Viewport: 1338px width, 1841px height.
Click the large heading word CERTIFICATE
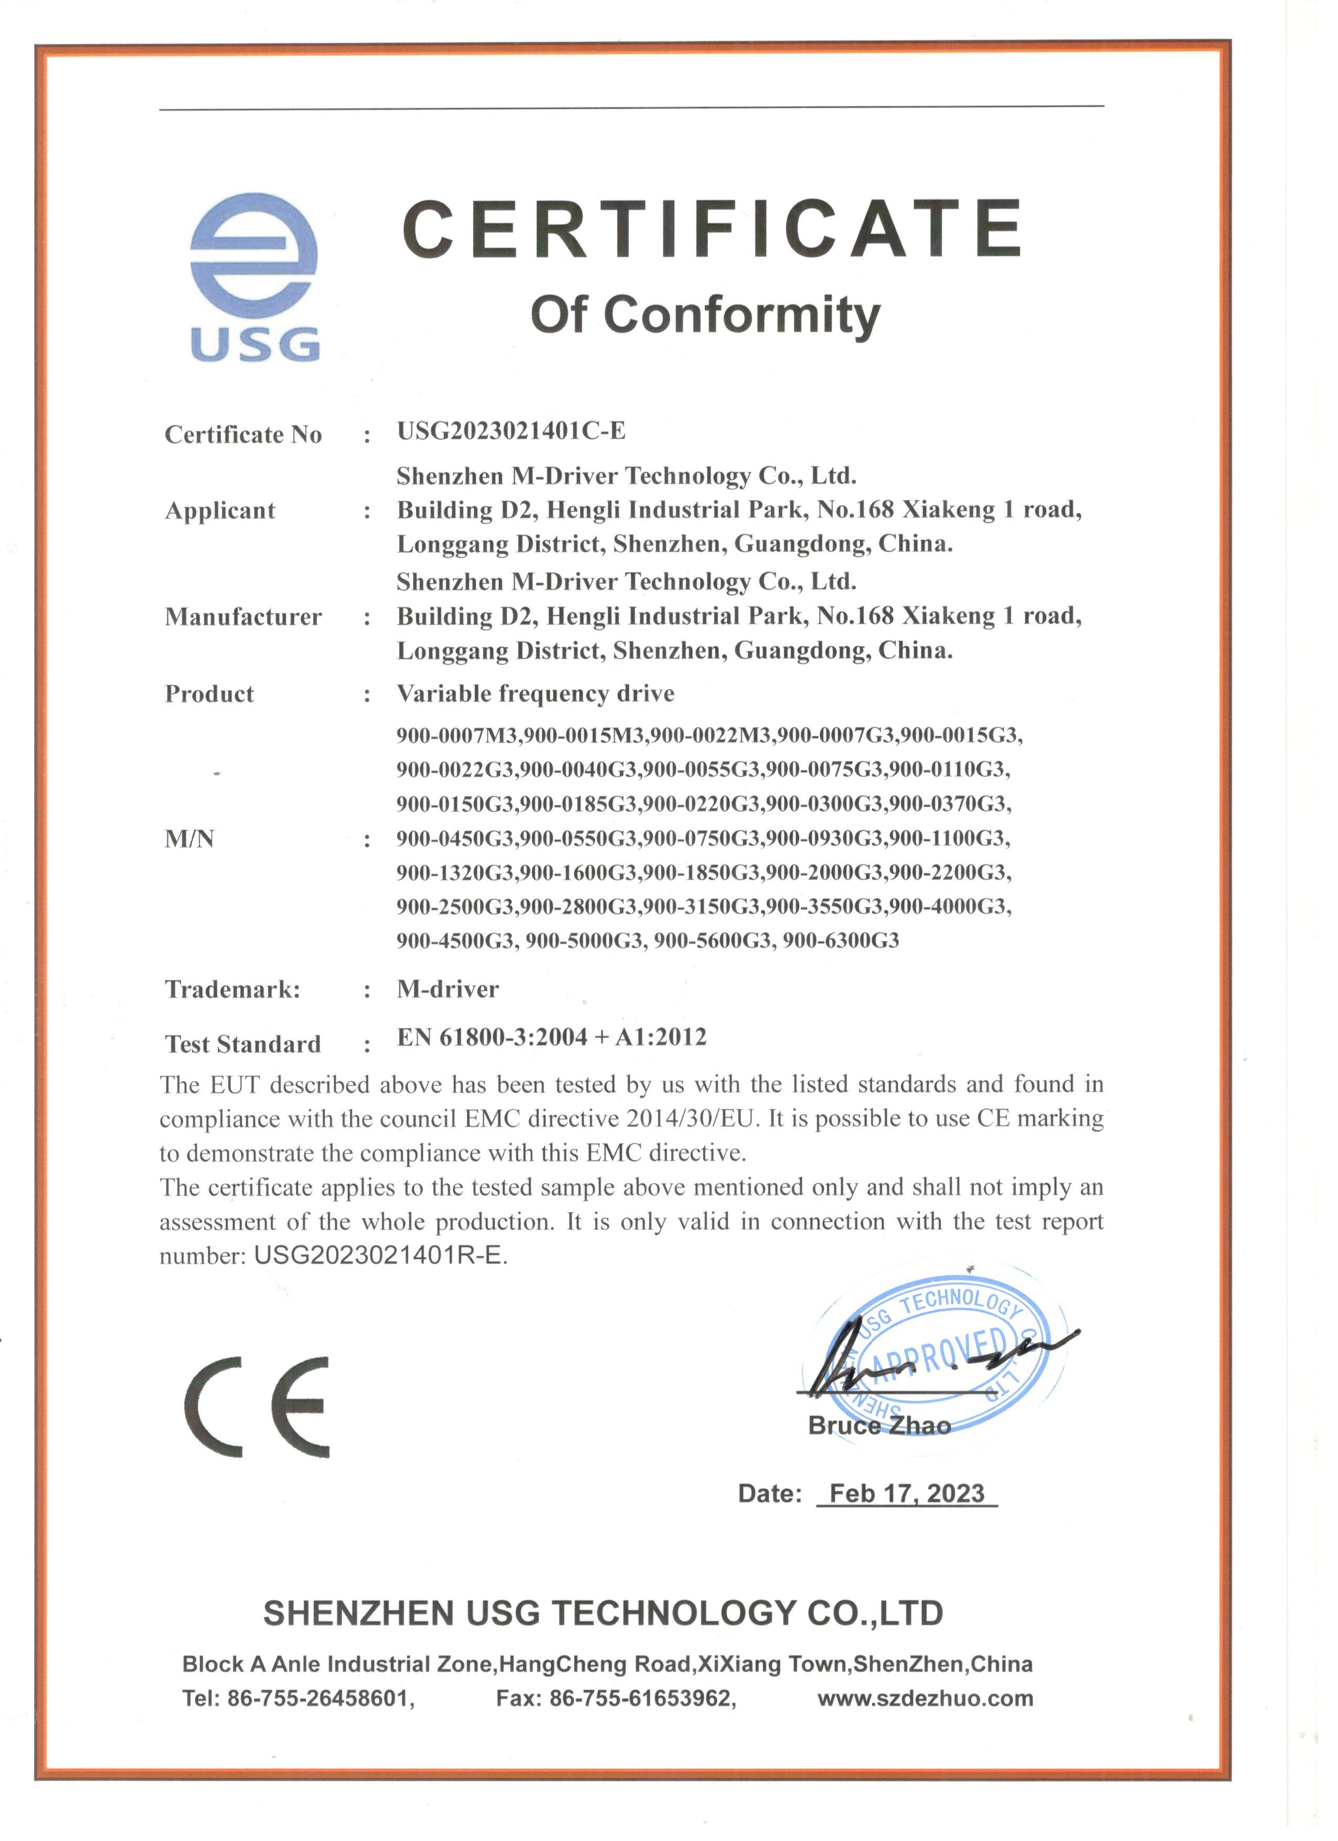[712, 230]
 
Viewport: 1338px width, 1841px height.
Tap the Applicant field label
[220, 511]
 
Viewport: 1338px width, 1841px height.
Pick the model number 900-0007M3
[457, 735]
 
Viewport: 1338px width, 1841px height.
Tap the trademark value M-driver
[448, 990]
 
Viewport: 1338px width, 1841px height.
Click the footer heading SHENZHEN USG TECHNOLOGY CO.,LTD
[603, 1613]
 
